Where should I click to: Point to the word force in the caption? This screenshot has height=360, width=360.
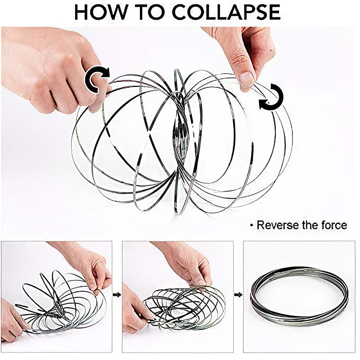click(332, 225)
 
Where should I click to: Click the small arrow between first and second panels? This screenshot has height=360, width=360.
click(117, 295)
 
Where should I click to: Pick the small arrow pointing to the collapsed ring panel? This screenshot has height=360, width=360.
click(238, 295)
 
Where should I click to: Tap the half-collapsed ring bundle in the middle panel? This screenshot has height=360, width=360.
click(184, 306)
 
